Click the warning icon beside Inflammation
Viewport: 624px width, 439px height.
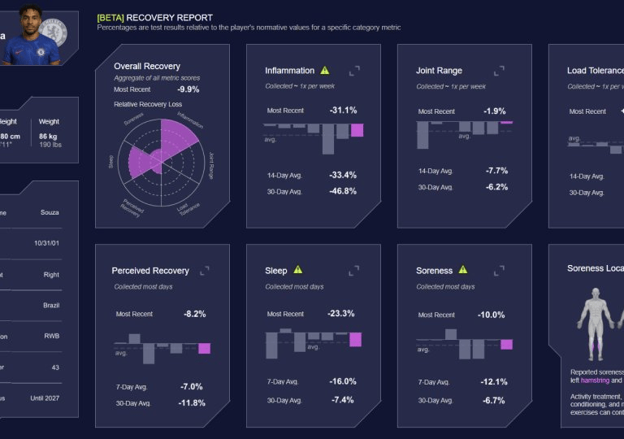pos(325,71)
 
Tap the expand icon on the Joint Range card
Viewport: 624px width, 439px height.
pos(499,71)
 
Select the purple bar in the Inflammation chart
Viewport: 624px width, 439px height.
pos(357,130)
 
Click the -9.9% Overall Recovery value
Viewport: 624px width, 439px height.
pos(188,89)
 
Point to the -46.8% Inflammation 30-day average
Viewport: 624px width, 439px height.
pos(342,191)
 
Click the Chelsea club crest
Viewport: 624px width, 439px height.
pos(53,32)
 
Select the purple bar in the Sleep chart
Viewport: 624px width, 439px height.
pos(355,339)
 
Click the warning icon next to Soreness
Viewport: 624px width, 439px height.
pos(463,270)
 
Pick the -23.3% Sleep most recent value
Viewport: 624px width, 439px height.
pos(341,314)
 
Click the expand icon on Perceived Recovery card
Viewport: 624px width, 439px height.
pos(205,271)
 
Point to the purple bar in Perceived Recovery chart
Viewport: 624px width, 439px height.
pos(204,348)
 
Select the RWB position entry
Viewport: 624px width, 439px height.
pos(50,336)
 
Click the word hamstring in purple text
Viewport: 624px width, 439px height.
pos(595,380)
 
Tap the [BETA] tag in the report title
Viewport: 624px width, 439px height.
pos(110,17)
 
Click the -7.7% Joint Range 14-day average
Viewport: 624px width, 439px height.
pos(496,171)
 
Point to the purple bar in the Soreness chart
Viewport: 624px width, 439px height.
pos(506,344)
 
